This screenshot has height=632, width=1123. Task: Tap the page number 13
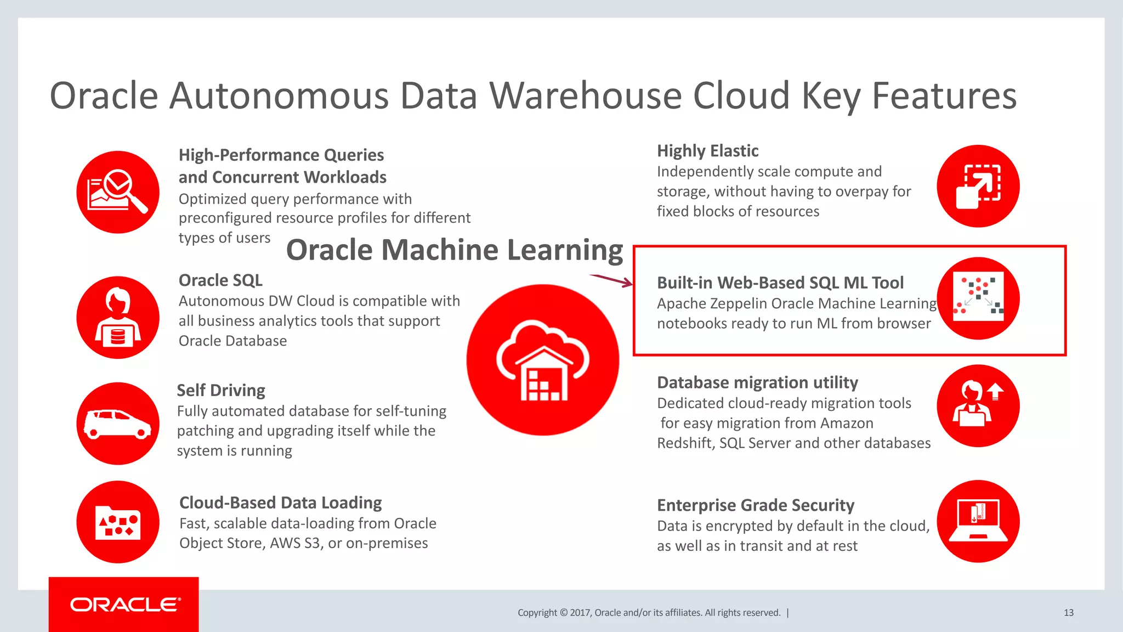pyautogui.click(x=1068, y=613)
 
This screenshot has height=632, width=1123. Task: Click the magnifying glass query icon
pyautogui.click(x=118, y=192)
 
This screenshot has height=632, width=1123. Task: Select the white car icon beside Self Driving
pyautogui.click(x=117, y=424)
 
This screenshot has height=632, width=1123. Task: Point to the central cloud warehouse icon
pyautogui.click(x=543, y=360)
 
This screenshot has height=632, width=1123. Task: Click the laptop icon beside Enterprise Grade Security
pyautogui.click(x=978, y=521)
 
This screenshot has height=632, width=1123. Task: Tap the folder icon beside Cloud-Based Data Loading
pyautogui.click(x=118, y=522)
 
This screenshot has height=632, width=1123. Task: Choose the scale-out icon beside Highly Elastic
pyautogui.click(x=978, y=187)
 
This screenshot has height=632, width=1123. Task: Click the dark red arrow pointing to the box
pyautogui.click(x=611, y=280)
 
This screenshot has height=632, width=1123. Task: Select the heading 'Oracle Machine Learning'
pyautogui.click(x=455, y=250)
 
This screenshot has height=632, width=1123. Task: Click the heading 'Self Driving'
pyautogui.click(x=221, y=391)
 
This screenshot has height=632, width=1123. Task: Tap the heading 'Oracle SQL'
pyautogui.click(x=220, y=280)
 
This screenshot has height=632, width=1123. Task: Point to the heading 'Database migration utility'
pyautogui.click(x=757, y=382)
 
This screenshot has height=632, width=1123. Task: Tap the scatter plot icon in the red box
pyautogui.click(x=978, y=298)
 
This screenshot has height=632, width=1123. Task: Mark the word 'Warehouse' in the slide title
pyautogui.click(x=585, y=96)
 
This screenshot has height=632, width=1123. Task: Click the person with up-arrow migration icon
pyautogui.click(x=978, y=406)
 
